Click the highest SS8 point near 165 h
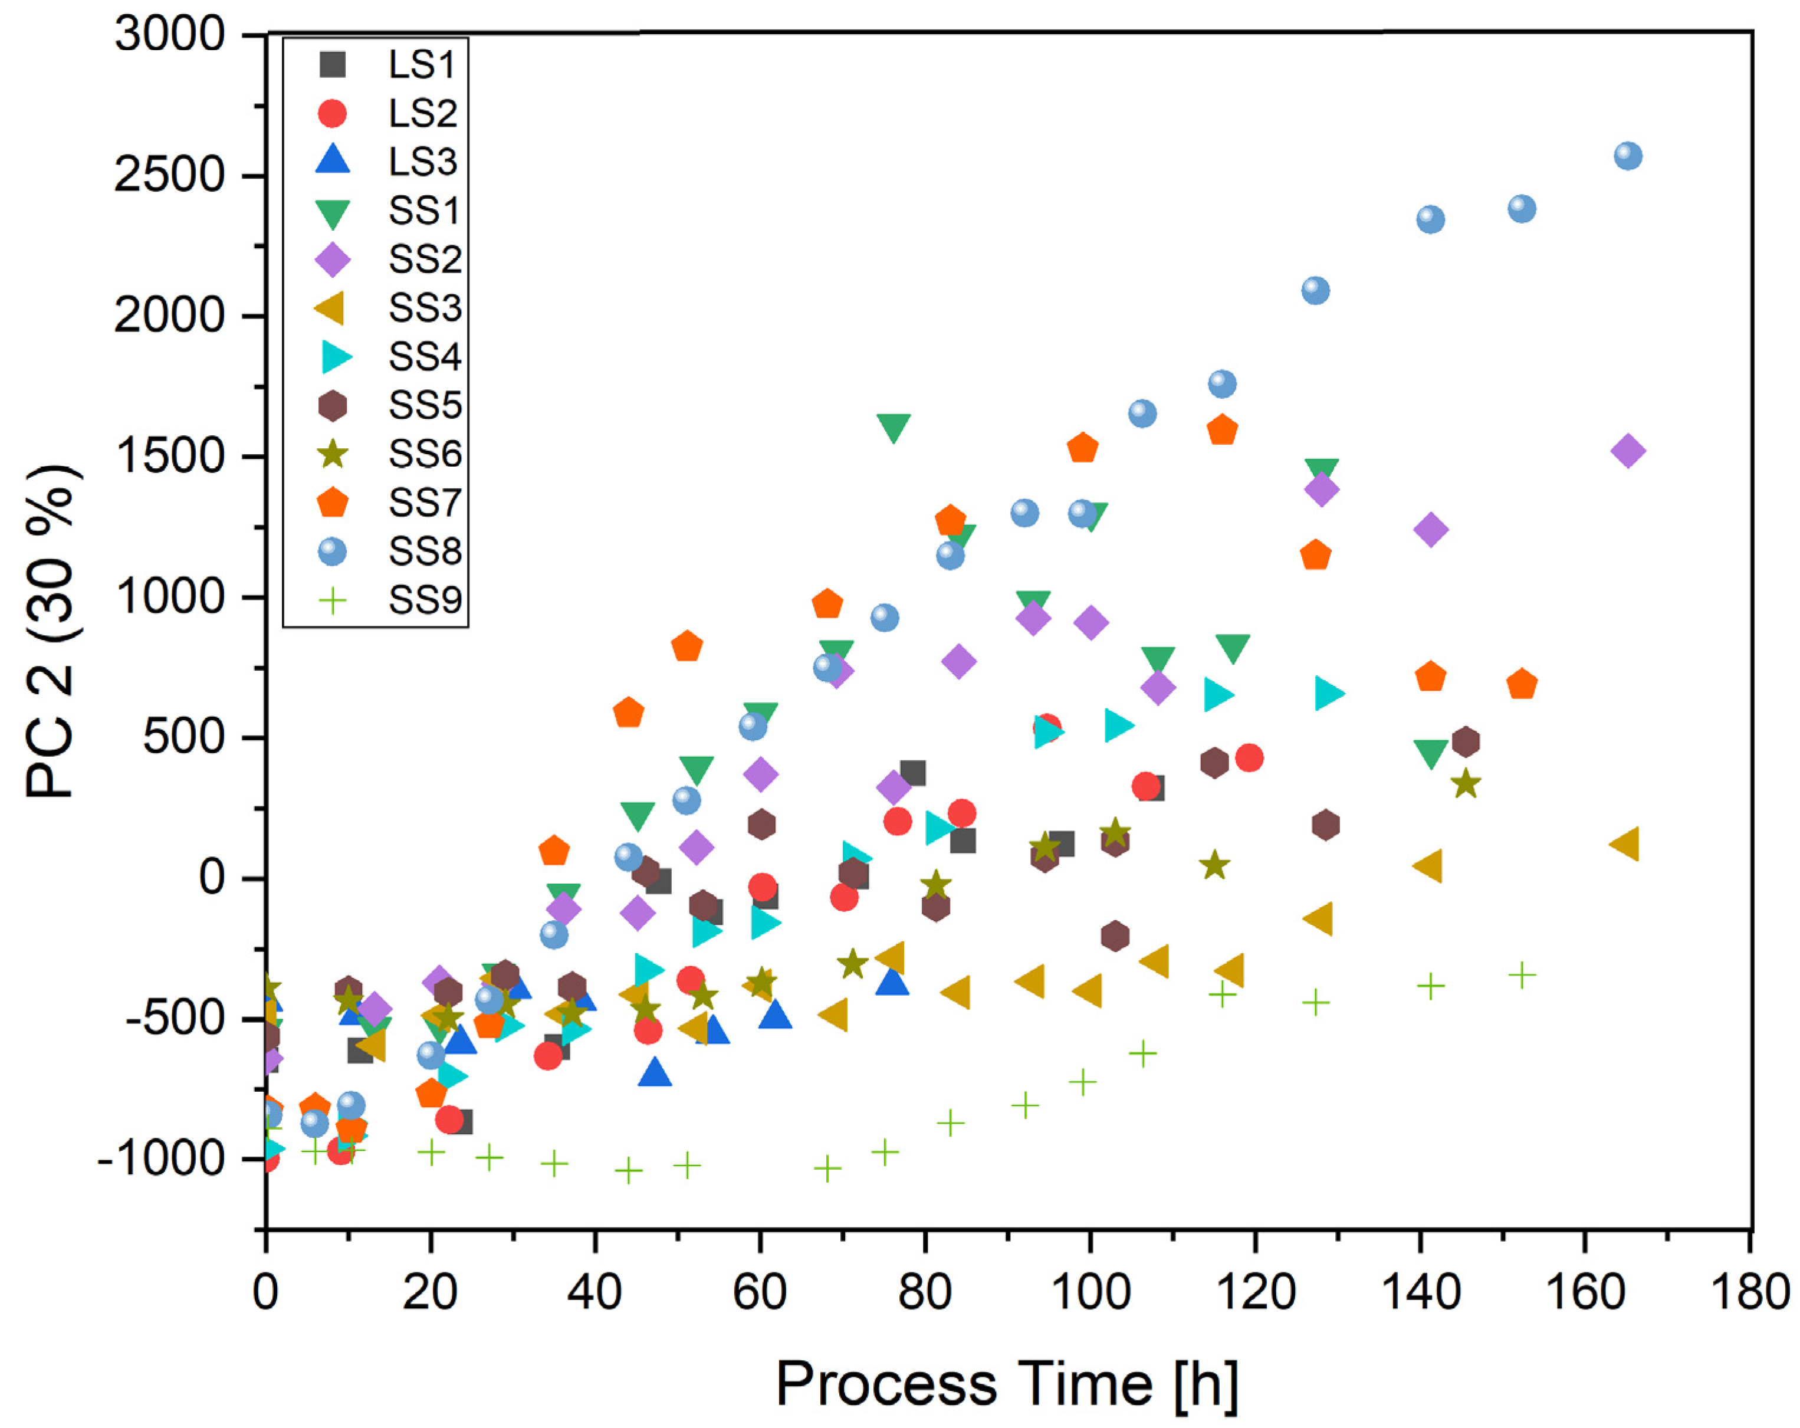click(1628, 156)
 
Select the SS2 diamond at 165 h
click(1628, 451)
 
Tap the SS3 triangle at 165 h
click(1625, 843)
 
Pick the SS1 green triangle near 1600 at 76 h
click(894, 426)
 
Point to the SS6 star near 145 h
click(1466, 783)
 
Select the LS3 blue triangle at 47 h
click(655, 1072)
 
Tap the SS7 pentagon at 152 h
click(1522, 684)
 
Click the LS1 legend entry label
click(422, 65)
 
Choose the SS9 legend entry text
click(424, 600)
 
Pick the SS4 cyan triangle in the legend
click(336, 357)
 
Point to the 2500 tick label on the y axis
click(169, 175)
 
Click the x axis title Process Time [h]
click(1007, 1384)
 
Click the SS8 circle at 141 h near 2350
click(1430, 219)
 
